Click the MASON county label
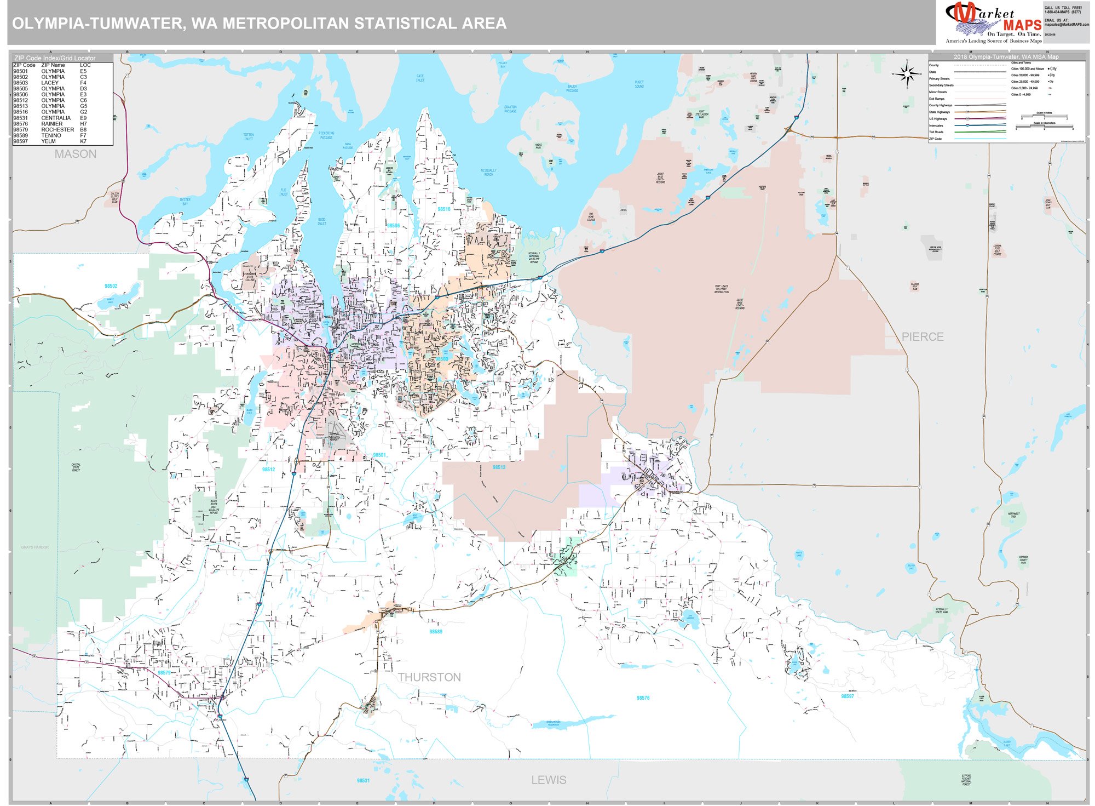click(x=76, y=155)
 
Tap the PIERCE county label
click(x=923, y=337)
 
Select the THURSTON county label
click(x=429, y=678)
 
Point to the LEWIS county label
click(x=549, y=780)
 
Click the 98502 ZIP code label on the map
click(x=111, y=286)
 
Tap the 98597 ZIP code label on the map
click(x=847, y=696)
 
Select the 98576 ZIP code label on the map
click(x=643, y=698)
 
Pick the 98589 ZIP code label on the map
click(x=436, y=632)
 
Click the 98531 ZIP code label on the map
click(x=363, y=781)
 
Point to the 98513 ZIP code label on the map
click(x=499, y=467)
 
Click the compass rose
click(x=907, y=74)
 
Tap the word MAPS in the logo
click(x=1022, y=25)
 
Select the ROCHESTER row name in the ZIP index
click(x=57, y=130)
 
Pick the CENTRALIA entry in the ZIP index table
click(x=56, y=118)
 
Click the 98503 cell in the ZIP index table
click(x=21, y=83)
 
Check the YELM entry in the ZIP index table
click(x=48, y=141)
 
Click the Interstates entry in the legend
click(x=936, y=125)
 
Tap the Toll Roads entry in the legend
click(x=936, y=132)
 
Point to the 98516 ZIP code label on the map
click(x=443, y=209)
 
